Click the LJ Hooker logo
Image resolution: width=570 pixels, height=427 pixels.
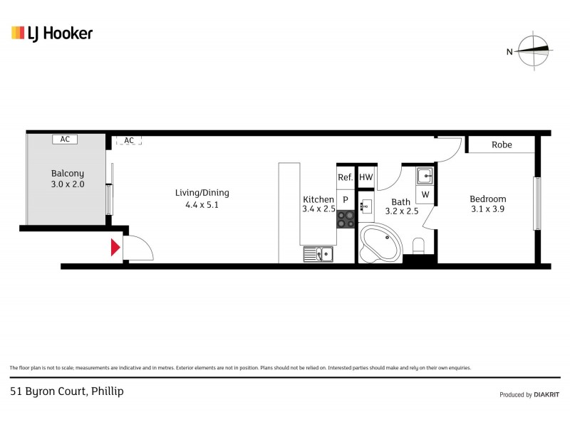point(52,33)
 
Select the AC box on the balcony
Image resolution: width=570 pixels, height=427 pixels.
point(65,139)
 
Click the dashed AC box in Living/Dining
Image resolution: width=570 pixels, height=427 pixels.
point(129,140)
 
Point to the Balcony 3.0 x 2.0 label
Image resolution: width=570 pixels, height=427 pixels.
point(68,179)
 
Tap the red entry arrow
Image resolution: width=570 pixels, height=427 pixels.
point(114,248)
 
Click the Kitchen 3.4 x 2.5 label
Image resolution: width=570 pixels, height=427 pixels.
point(318,204)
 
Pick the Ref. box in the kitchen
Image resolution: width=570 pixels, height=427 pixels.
point(346,177)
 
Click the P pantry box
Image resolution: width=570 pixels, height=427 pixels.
point(346,200)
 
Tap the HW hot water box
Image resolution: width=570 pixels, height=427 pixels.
point(366,177)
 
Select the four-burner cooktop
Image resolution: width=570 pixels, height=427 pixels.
point(346,218)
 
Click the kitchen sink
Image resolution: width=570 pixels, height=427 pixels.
point(318,253)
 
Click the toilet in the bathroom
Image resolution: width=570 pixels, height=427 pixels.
point(419,246)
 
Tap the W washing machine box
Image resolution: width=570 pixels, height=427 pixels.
point(425,194)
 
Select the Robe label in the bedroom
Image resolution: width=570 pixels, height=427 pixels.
point(502,144)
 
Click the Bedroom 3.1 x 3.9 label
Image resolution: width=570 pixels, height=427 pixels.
point(488,204)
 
